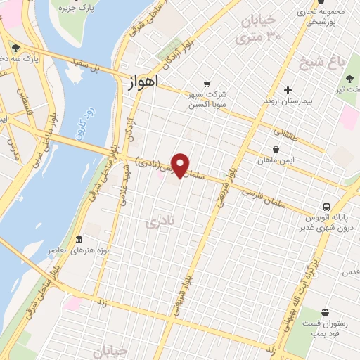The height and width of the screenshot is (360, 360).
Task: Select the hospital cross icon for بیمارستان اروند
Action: tap(288, 90)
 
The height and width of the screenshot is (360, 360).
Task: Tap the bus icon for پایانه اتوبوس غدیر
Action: tap(326, 207)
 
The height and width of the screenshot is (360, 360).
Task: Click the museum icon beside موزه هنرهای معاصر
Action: tap(78, 239)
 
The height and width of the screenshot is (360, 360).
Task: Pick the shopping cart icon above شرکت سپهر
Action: tap(206, 83)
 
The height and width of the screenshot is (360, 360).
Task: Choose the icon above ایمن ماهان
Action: tap(276, 150)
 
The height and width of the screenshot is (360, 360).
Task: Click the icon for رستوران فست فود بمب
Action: tap(324, 312)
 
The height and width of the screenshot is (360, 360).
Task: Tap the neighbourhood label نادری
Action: tap(158, 223)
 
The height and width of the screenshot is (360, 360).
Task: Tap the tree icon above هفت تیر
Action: tap(349, 79)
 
